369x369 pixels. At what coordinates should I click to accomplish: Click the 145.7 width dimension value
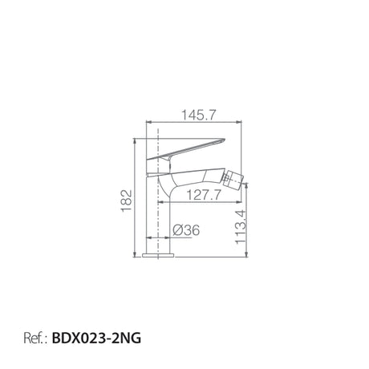click(x=198, y=116)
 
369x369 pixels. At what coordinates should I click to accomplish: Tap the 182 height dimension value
click(x=127, y=201)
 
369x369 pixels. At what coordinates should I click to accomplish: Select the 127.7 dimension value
click(x=204, y=195)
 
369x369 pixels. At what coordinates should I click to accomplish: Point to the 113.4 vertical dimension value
click(x=241, y=227)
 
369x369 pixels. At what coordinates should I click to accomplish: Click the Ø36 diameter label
click(x=186, y=230)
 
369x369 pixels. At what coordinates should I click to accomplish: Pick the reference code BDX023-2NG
click(x=96, y=338)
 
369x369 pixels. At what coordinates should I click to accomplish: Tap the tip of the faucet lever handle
click(x=225, y=139)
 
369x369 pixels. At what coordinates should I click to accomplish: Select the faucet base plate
click(x=158, y=255)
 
